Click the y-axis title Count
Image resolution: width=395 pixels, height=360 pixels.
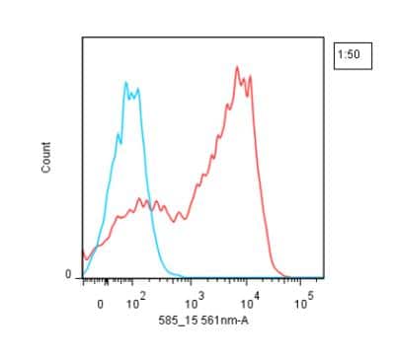click(46, 161)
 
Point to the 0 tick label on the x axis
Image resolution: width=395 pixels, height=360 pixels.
click(100, 305)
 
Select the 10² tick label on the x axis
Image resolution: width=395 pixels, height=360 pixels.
click(136, 303)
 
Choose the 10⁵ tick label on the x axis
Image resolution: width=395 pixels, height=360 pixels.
click(308, 303)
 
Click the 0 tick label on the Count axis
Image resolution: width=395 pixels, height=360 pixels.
click(68, 274)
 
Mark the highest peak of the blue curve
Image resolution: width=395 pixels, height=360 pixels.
click(127, 83)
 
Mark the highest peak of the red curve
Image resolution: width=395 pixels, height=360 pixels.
click(237, 67)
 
